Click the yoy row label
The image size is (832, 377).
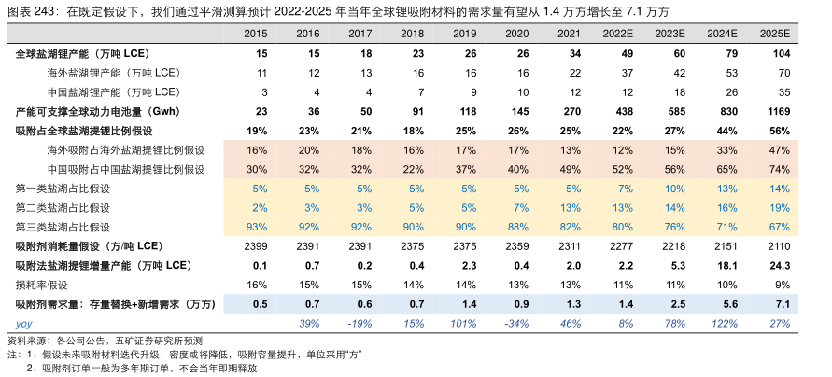click(23, 323)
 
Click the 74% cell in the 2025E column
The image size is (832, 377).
click(780, 169)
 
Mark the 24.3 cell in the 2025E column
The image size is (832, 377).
click(779, 266)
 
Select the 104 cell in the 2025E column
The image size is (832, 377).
click(780, 55)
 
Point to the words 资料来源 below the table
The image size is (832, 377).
click(28, 342)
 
